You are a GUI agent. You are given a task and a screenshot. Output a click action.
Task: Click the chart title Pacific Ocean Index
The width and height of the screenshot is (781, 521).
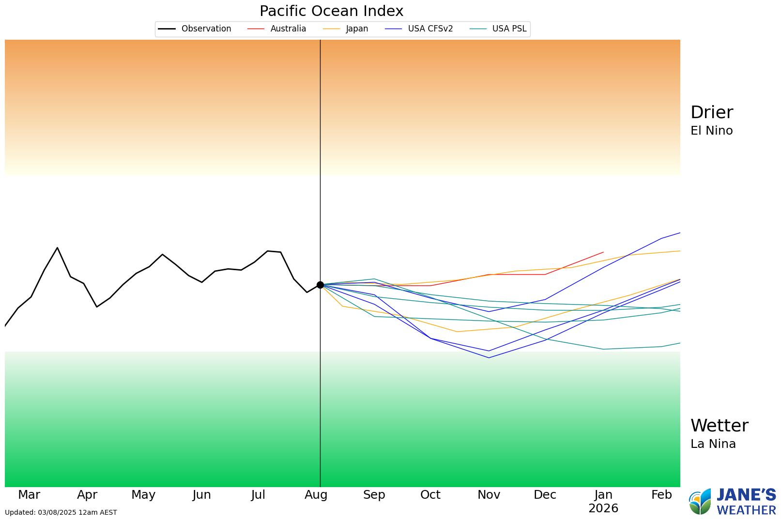pos(331,11)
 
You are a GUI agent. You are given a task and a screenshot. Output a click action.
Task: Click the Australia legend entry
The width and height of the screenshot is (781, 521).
pos(277,29)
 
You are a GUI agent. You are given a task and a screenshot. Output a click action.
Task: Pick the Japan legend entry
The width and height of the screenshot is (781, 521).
pos(346,29)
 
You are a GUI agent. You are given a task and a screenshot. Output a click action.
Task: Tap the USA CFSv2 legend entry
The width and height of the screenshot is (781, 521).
pos(419,29)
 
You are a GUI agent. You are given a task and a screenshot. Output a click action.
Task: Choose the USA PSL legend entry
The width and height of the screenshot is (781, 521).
pos(498,29)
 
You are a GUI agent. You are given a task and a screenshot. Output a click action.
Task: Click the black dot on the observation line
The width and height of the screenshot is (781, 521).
pos(320,285)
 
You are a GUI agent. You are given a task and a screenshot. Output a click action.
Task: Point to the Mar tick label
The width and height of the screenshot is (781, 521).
pos(29,495)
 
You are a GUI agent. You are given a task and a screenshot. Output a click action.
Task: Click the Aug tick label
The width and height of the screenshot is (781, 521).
pos(316,495)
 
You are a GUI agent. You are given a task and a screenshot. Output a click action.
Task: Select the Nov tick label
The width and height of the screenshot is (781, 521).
pos(489,495)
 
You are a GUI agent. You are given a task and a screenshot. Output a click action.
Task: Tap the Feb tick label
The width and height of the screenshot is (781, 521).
pos(661,495)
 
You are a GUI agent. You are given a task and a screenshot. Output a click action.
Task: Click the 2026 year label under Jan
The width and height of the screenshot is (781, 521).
pos(603,508)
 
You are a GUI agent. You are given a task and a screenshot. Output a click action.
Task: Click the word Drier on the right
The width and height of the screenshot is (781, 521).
pos(711,112)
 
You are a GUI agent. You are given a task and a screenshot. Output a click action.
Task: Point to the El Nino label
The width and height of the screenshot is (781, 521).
pos(711,131)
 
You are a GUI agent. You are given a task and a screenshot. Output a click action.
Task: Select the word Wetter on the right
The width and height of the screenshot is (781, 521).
pos(719,426)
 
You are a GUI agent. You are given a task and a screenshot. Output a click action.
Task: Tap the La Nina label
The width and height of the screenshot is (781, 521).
pos(713,444)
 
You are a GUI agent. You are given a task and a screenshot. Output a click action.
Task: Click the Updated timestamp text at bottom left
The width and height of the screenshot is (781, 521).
pos(61,512)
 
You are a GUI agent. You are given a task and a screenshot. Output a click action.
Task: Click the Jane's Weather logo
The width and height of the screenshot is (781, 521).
pos(732,502)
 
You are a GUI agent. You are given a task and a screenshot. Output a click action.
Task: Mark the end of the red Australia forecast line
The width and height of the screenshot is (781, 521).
pos(603,252)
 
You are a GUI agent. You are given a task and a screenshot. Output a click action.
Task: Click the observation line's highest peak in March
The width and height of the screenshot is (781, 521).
pos(57,248)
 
